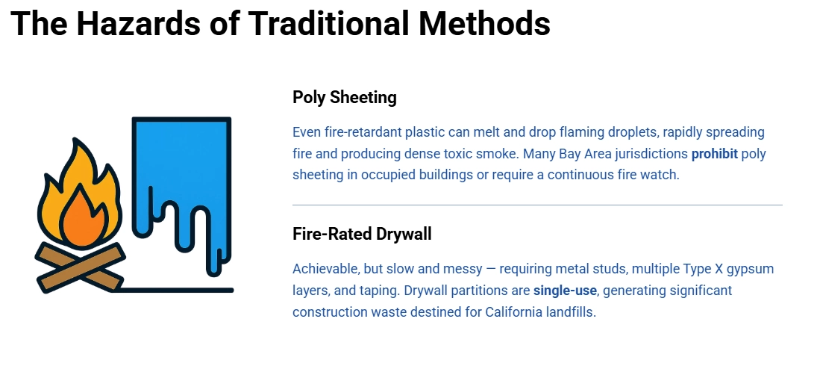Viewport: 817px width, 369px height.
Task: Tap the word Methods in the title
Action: (x=484, y=23)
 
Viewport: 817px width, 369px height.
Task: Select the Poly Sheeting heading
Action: (x=344, y=97)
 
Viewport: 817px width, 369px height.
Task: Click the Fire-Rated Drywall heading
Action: (x=362, y=234)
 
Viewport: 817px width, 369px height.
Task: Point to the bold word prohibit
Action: (x=714, y=154)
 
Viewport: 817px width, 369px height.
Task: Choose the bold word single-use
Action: (x=565, y=290)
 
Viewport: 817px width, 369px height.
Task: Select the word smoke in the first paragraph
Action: (x=498, y=154)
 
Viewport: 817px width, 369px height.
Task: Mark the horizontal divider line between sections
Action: (x=537, y=204)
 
